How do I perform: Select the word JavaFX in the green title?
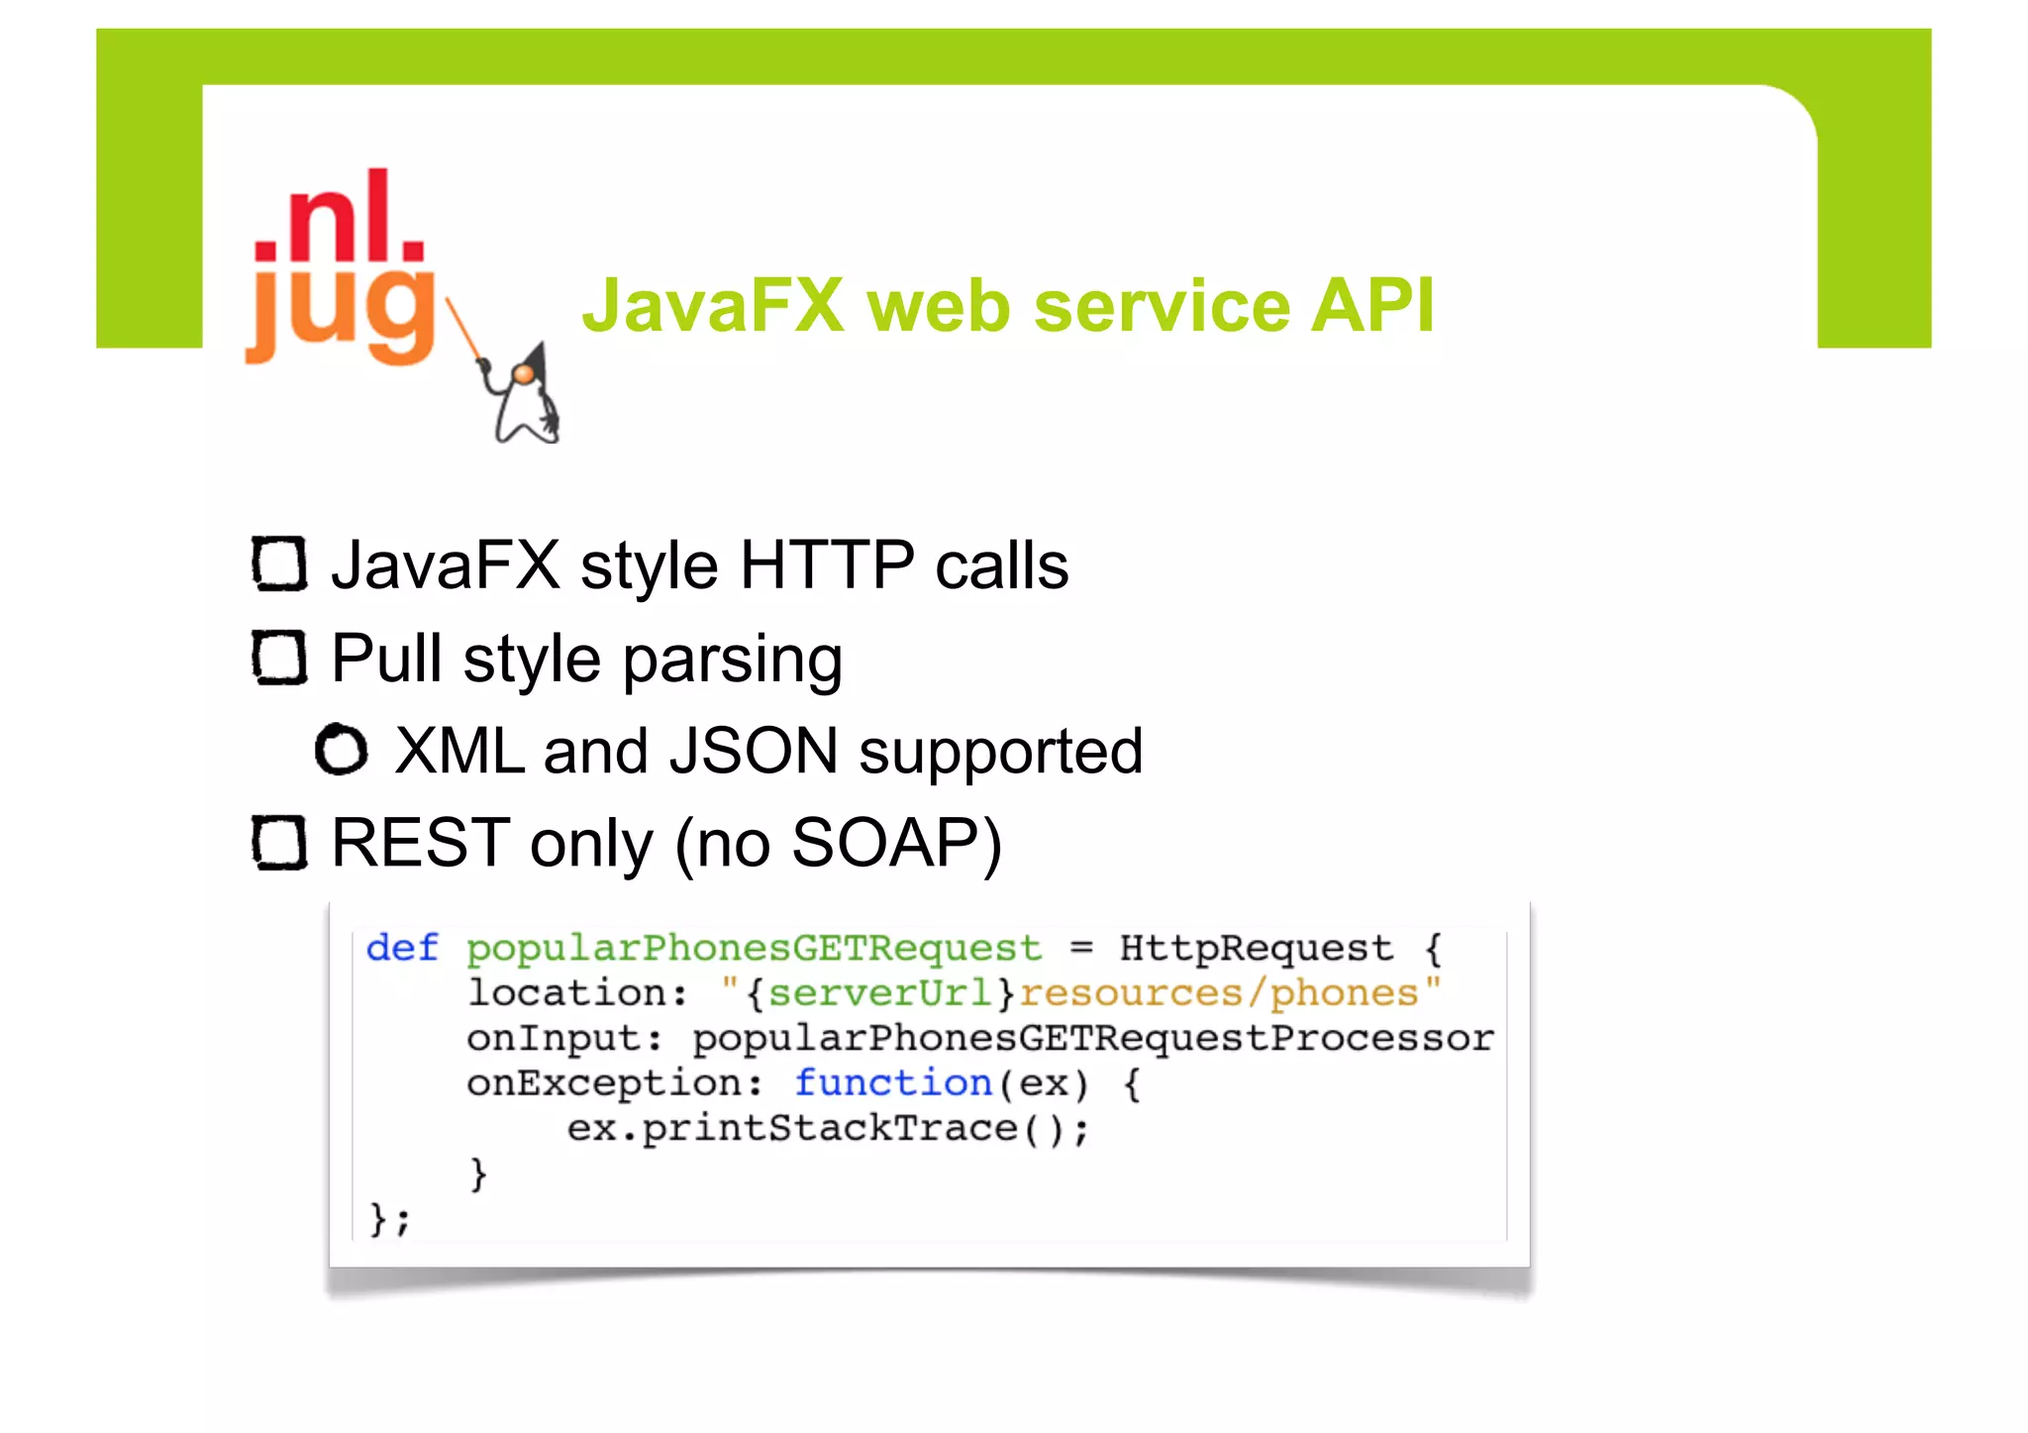(713, 305)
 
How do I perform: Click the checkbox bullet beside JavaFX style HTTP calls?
(279, 564)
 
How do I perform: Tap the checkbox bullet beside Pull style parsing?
(279, 658)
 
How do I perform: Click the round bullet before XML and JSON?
(342, 750)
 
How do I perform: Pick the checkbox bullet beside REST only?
(279, 843)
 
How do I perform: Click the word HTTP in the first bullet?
(827, 565)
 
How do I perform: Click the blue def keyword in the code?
(402, 948)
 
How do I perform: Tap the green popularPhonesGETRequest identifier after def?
(754, 949)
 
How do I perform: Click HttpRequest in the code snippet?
(1256, 948)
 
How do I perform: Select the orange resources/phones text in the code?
(1219, 993)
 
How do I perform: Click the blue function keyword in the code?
(893, 1083)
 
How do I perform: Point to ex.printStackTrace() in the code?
(827, 1129)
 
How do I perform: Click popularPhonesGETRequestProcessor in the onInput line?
(1092, 1038)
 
